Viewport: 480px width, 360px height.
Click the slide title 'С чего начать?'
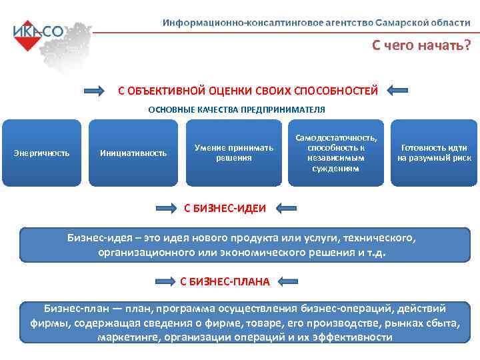coord(421,45)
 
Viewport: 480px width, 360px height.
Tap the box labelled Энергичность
coord(41,153)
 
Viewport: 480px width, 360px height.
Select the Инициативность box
coord(133,153)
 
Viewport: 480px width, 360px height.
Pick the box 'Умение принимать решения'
coord(234,153)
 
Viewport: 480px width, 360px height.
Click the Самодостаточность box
coord(335,153)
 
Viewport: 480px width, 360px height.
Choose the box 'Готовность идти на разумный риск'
coord(433,153)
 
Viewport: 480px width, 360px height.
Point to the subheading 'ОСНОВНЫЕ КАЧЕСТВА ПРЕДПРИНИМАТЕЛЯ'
coord(237,109)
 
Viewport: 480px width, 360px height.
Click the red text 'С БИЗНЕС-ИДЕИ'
coord(225,209)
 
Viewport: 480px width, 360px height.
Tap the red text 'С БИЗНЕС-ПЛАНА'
coord(225,281)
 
